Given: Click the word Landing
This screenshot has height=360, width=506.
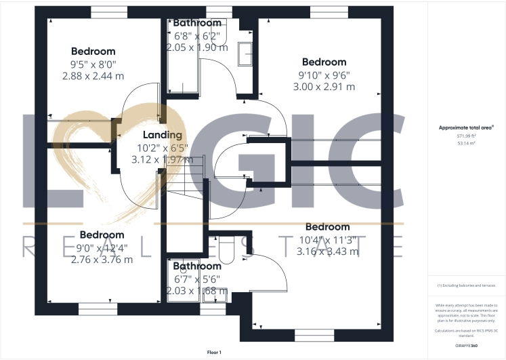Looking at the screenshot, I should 162,135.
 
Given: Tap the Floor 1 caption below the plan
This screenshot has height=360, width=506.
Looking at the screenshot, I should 214,353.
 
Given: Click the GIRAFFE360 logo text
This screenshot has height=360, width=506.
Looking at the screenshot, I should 467,346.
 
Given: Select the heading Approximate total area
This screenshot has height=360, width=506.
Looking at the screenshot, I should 467,127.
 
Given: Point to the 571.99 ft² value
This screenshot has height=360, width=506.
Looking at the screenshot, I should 467,136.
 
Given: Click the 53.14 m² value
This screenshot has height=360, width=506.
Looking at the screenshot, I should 467,144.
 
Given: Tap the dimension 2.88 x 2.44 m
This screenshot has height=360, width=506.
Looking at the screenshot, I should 93,76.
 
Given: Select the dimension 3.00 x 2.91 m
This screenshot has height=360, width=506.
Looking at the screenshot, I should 324,87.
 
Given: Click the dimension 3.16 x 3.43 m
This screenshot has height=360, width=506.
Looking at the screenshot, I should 327,252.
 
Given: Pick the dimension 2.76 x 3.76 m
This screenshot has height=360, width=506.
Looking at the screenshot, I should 102,259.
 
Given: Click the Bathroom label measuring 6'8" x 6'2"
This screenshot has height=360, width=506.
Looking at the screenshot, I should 197,23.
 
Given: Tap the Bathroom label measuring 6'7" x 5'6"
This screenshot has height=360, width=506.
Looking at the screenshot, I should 197,266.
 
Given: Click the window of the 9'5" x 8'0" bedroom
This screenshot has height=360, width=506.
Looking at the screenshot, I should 108,12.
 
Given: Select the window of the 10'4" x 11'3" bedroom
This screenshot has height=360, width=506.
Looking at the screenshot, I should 314,335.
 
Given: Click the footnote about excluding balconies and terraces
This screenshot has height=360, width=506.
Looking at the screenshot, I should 467,285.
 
